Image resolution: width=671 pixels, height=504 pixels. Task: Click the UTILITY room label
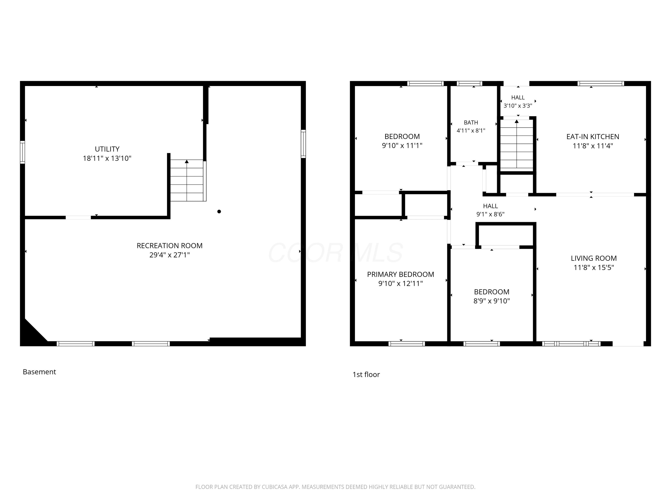click(x=107, y=149)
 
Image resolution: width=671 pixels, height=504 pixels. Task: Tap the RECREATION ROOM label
click(x=170, y=246)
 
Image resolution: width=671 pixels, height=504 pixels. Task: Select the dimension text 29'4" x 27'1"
click(x=170, y=255)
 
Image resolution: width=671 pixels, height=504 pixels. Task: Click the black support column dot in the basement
click(x=219, y=211)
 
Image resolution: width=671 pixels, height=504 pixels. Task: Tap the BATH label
click(x=471, y=123)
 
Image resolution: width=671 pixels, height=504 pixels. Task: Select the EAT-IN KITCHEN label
click(x=593, y=137)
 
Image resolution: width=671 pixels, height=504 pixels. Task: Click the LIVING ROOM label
click(x=594, y=258)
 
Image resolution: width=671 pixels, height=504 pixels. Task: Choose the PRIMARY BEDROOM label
click(x=400, y=274)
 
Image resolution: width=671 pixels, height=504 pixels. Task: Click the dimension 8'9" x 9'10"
click(x=491, y=301)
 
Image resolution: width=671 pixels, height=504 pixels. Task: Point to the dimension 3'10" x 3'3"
click(x=518, y=106)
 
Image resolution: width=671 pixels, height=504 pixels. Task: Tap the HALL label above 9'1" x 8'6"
click(x=491, y=206)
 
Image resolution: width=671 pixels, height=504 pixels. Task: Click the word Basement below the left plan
click(x=39, y=372)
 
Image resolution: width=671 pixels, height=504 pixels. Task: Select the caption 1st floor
click(x=366, y=375)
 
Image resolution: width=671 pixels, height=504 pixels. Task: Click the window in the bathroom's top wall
click(x=469, y=84)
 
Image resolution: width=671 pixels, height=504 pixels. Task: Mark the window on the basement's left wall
click(x=22, y=152)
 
